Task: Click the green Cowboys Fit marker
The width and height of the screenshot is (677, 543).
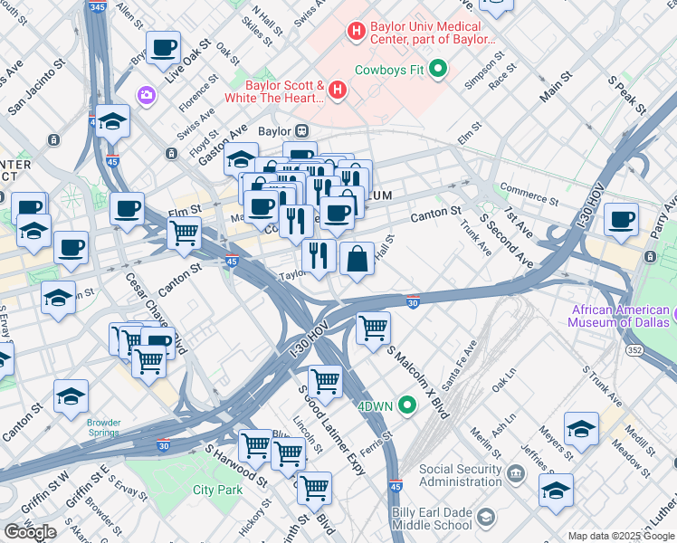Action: [439, 68]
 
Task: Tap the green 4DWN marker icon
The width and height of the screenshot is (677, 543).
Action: [408, 405]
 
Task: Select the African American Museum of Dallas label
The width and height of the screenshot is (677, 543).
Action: [620, 316]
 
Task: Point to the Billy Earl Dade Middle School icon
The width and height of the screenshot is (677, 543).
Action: [486, 518]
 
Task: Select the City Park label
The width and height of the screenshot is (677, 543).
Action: [217, 490]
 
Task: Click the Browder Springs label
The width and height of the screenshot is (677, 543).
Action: [103, 427]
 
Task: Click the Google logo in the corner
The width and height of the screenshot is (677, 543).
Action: [30, 532]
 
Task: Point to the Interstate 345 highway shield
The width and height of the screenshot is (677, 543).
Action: [96, 6]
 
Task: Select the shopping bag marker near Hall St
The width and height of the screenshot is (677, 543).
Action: [358, 259]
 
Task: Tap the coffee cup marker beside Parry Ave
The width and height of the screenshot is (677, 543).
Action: [621, 219]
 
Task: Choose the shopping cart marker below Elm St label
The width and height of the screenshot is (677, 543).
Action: [185, 233]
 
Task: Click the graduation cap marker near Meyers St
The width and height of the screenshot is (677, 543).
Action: [581, 429]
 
